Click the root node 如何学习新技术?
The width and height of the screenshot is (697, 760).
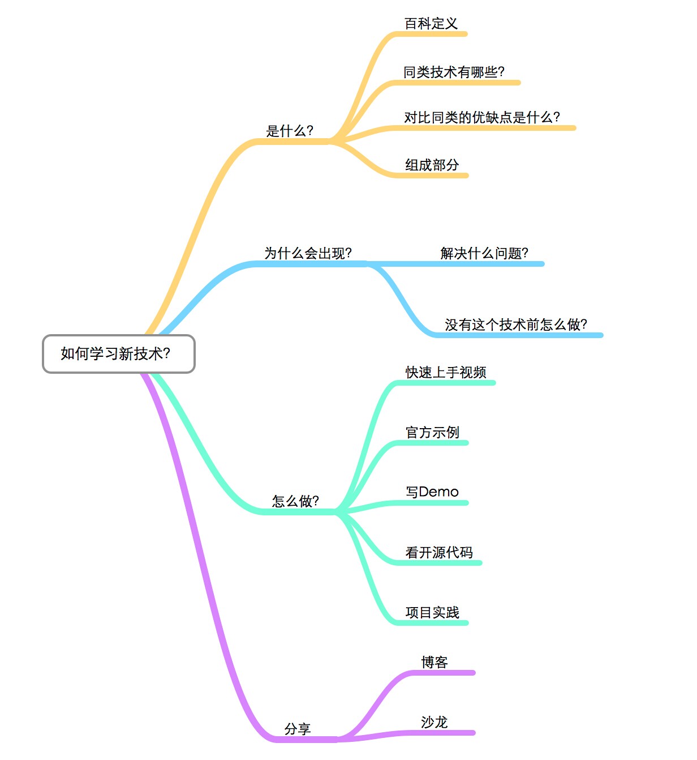coord(118,354)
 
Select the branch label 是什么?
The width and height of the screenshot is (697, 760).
coord(290,131)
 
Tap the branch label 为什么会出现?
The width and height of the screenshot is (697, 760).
coord(308,253)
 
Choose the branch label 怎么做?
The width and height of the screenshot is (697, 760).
coord(295,501)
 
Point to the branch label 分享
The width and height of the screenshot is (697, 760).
coord(298,728)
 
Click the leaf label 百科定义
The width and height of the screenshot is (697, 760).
coord(431,23)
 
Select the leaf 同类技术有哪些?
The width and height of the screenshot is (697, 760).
coord(454,72)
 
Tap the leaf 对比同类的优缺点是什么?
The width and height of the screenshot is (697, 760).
coord(482,117)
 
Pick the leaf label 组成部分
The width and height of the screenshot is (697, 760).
coord(432,165)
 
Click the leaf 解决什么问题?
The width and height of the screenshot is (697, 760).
coord(484,253)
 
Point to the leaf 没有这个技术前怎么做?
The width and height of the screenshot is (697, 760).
coord(516,325)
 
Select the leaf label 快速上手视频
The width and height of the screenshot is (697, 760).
coord(446,372)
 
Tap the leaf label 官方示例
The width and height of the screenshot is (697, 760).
coord(432,432)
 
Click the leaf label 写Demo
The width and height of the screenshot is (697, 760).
coord(432,492)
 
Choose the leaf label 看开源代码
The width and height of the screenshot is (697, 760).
coord(439,552)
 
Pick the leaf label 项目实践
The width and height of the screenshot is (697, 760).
coord(432,612)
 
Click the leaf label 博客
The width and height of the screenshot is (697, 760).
coord(434,662)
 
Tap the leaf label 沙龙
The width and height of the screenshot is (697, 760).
coord(434,722)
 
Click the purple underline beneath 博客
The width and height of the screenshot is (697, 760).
coord(441,672)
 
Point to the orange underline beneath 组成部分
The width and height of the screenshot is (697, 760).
coord(432,176)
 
